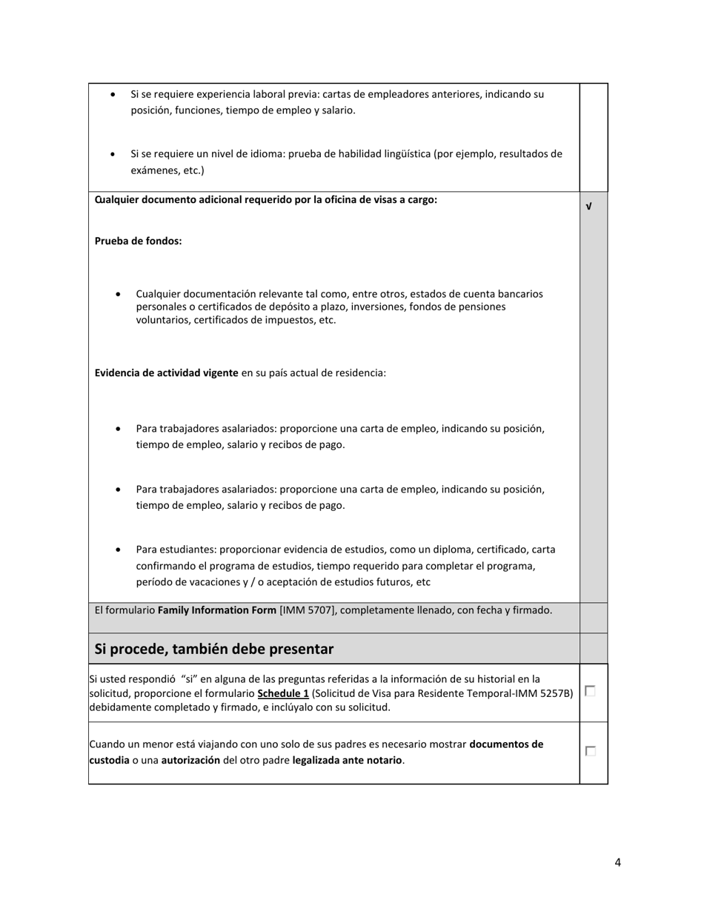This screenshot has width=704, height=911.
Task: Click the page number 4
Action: click(x=617, y=862)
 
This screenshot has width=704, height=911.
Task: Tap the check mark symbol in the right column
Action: click(x=588, y=207)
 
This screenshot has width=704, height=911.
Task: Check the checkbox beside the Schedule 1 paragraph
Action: click(x=590, y=690)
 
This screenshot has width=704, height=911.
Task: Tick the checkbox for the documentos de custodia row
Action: click(x=590, y=751)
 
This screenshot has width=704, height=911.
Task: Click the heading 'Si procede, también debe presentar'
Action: click(x=213, y=649)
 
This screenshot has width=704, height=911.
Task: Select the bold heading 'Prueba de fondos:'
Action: click(x=138, y=241)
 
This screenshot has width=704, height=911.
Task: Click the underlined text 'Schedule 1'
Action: click(x=283, y=693)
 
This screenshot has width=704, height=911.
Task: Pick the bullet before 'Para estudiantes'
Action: click(x=119, y=550)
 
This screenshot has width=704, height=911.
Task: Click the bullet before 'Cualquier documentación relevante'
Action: click(x=119, y=294)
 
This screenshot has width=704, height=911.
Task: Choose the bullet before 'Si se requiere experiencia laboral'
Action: click(x=113, y=95)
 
